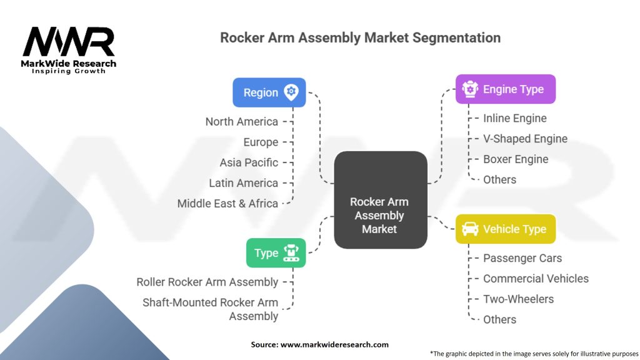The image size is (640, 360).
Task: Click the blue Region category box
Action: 269,92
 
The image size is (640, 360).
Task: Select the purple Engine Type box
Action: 505,89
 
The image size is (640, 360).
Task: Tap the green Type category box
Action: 276,253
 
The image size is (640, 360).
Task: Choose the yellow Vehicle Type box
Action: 505,229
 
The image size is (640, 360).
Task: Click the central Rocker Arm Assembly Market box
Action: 380,215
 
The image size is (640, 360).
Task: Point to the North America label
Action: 242,121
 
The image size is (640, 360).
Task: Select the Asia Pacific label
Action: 249,162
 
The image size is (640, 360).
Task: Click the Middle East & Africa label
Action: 227,203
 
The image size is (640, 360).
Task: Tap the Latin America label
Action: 244,183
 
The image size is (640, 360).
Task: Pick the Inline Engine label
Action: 514,118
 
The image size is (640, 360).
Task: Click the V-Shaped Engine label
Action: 525,139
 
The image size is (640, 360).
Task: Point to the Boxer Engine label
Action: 516,159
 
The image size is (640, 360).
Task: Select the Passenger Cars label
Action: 522,258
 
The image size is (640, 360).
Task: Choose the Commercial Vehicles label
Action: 536,279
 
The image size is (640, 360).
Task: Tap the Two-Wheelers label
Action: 518,299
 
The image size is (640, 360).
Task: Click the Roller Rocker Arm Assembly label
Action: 207,282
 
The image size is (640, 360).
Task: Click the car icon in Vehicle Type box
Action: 470,229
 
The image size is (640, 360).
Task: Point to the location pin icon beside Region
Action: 291,92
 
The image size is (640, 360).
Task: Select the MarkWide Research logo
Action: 69,50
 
